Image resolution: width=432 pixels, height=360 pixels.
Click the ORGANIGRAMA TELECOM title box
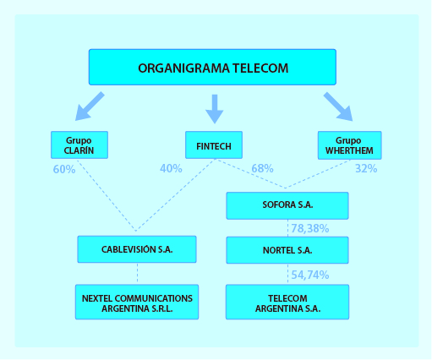pos(212,67)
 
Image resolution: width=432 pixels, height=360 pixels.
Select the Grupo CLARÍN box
pos(79,145)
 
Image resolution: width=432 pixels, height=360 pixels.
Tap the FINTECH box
pos(214,145)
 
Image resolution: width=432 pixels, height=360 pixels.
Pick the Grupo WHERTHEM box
pos(349,145)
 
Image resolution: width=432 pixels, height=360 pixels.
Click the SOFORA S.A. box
pos(287,205)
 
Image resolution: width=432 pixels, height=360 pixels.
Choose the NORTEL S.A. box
pos(287,250)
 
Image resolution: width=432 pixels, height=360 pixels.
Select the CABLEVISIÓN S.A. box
pos(137,249)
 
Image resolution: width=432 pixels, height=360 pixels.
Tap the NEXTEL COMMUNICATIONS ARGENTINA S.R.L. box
pos(137,302)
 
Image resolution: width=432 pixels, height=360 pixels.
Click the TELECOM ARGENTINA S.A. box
pos(287,302)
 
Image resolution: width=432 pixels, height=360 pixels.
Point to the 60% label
pos(64,169)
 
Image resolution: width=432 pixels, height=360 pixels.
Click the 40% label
pos(171,168)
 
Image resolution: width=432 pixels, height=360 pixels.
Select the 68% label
pos(262,168)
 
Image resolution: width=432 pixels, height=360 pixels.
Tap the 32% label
pos(366,168)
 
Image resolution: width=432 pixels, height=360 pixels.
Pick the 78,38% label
pos(310,228)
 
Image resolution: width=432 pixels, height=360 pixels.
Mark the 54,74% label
pos(310,275)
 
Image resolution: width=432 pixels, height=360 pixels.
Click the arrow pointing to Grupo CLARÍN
pos(90,106)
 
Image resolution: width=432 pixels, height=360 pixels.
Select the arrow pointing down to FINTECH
pos(215,109)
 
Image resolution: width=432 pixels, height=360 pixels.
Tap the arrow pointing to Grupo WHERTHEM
pos(338,106)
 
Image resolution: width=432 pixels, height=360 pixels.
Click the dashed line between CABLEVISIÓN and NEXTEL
pos(137,273)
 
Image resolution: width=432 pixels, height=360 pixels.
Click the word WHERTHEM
pos(349,150)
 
